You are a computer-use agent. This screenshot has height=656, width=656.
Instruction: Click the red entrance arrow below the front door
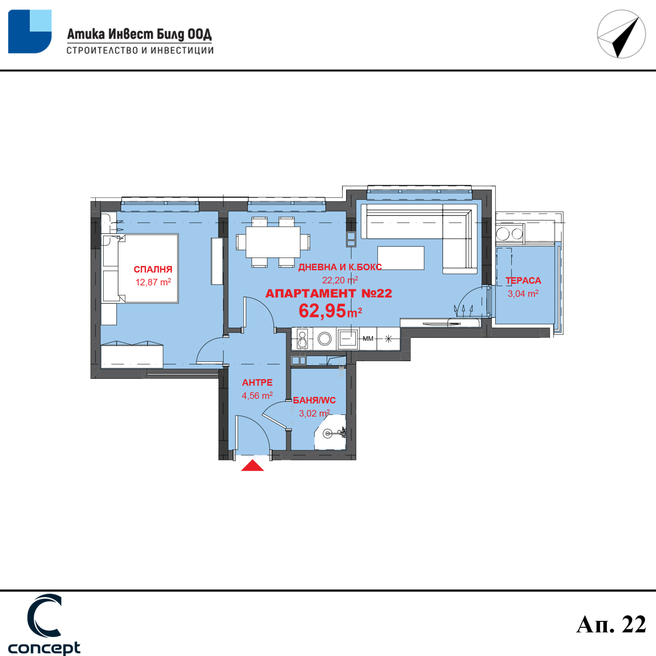253,466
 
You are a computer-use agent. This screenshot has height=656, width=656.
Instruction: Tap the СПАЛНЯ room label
153,269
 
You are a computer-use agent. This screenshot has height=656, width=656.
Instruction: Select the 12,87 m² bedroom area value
153,282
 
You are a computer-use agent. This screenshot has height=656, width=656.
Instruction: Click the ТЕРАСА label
523,280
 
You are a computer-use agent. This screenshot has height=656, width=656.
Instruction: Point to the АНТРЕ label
257,383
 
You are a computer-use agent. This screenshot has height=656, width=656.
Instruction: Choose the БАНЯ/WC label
314,400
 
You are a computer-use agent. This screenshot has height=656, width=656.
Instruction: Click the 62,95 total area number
322,311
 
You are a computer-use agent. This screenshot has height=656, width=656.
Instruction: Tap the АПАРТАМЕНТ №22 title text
329,294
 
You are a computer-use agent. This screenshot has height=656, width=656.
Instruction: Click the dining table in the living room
273,242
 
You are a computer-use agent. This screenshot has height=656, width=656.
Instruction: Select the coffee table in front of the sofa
401,258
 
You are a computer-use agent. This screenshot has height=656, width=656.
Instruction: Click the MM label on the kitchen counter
368,339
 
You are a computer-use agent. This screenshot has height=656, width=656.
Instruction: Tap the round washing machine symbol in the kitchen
324,339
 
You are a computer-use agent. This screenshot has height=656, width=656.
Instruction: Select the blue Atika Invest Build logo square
30,32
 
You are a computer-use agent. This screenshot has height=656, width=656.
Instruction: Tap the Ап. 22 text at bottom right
611,624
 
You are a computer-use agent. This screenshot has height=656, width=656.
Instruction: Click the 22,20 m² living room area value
340,280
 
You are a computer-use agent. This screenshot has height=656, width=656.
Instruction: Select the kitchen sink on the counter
348,339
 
